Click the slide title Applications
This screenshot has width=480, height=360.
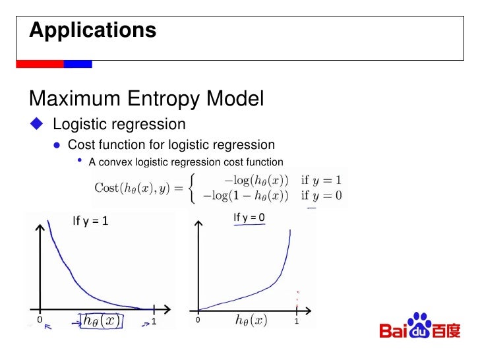93,30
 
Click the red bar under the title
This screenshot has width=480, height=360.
40,64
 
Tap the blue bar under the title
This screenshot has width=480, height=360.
78,64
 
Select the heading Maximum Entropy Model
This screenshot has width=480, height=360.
146,99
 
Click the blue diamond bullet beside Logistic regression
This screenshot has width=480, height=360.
36,124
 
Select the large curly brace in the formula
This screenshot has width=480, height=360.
191,187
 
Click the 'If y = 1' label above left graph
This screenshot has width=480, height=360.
90,222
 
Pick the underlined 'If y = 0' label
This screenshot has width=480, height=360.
249,217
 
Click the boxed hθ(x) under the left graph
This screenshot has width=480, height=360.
102,320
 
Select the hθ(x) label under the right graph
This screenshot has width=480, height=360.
251,320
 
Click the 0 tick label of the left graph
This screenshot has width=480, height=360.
40,320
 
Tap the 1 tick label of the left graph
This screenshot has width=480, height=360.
154,321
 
